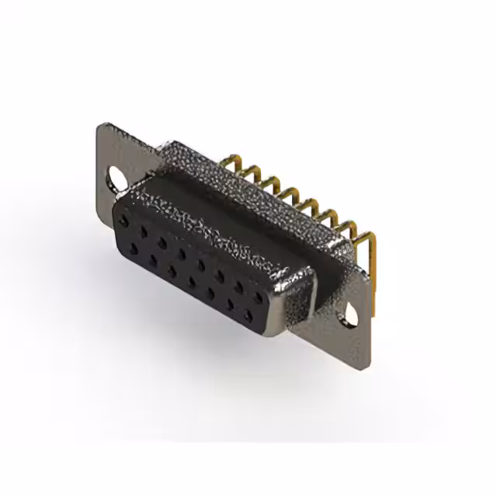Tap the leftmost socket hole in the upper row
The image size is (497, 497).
(x=124, y=223)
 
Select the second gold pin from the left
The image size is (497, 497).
(x=249, y=172)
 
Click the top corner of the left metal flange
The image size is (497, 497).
(x=101, y=124)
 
